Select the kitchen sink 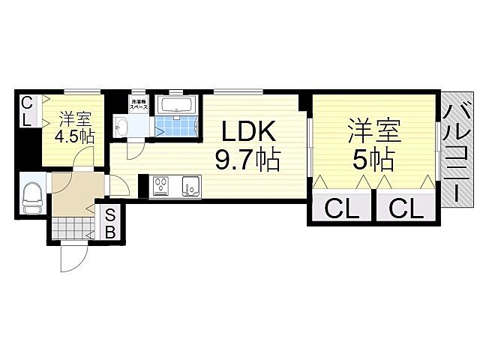(x=190, y=184)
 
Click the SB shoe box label (x=109, y=223)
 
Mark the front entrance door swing (x=73, y=257)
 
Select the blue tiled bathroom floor (x=177, y=125)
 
